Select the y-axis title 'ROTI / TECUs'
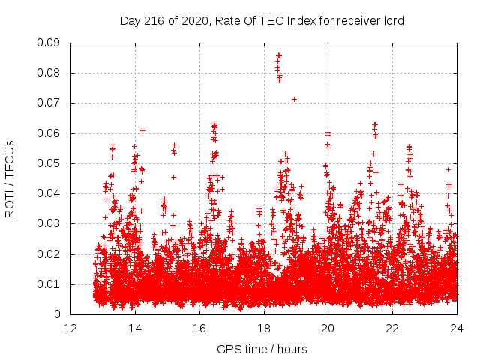(x=10, y=178)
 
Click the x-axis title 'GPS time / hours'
(x=262, y=349)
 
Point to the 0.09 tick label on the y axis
(x=50, y=43)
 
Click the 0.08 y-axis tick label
(x=50, y=73)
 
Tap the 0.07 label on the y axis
(x=50, y=103)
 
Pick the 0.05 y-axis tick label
(x=50, y=163)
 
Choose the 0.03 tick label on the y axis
(x=50, y=223)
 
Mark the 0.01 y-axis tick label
(x=50, y=283)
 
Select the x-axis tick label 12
(x=70, y=328)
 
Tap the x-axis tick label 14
(x=135, y=328)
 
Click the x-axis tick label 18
(x=264, y=328)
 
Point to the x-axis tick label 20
(x=328, y=328)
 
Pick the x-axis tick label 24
(x=457, y=328)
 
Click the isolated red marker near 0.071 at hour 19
(x=295, y=99)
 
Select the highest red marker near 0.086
(x=278, y=55)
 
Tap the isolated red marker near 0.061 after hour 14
(x=142, y=130)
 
